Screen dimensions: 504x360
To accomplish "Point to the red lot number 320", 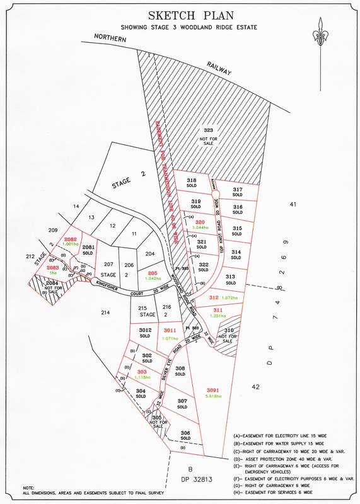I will (200, 222).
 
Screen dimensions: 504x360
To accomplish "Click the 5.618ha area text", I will (214, 397).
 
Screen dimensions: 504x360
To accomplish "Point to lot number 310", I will (229, 329).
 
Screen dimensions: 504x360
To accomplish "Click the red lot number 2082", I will (70, 239).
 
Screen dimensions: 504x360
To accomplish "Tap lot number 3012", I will (145, 329).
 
